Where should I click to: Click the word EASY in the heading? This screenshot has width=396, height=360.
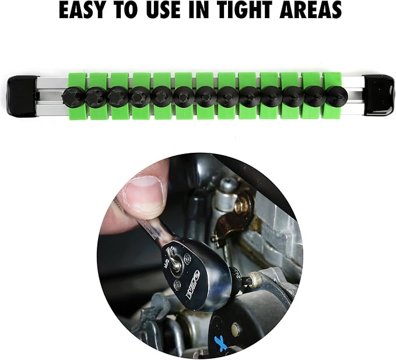(82, 11)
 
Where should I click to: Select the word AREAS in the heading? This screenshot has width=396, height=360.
(310, 11)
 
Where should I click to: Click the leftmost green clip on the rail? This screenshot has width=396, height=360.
(78, 96)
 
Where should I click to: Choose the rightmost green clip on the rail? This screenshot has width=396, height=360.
(332, 96)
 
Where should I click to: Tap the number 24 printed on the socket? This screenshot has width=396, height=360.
(237, 273)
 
